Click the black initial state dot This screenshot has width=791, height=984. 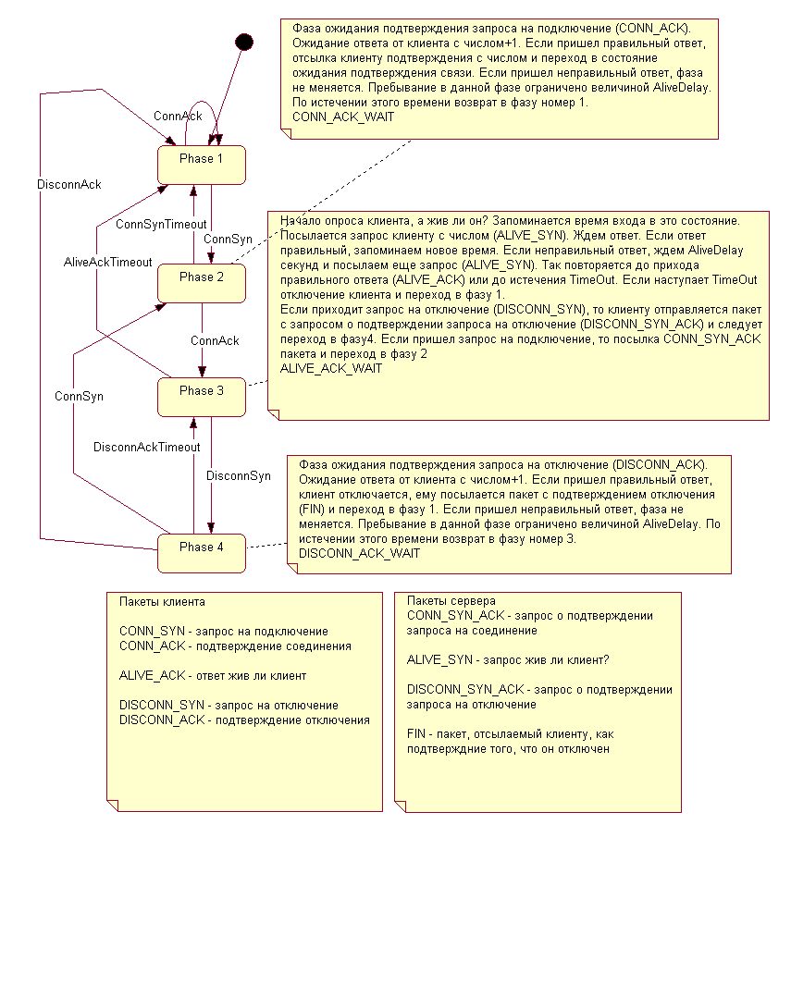pos(243,41)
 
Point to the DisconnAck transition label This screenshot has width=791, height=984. pos(69,184)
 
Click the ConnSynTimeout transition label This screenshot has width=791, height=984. pos(161,225)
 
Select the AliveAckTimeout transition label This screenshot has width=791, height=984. pos(107,262)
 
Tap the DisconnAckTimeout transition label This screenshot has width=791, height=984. pos(146,447)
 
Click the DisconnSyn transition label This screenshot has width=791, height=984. pos(239,476)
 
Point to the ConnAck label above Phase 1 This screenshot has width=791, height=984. pos(178,116)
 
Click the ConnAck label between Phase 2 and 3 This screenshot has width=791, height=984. pos(215,340)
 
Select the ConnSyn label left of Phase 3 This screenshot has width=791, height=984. pos(79,396)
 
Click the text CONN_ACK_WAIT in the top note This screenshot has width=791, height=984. pos(342,117)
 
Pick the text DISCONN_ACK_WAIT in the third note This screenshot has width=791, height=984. pos(359,554)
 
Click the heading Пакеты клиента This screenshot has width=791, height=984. pos(162,601)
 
